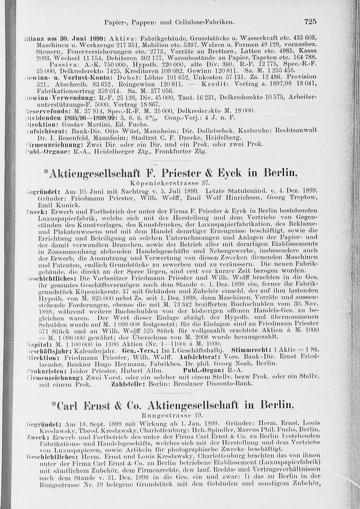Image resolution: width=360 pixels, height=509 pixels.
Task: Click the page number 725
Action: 310,22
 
